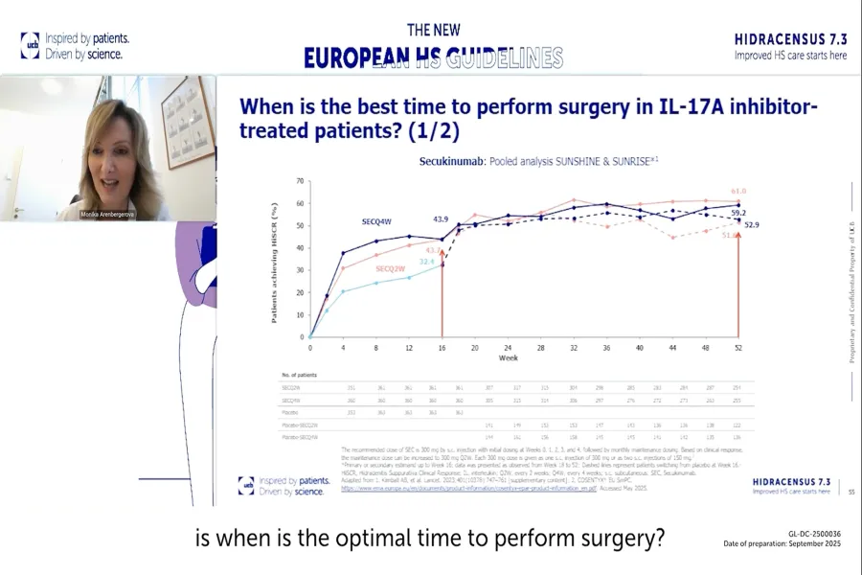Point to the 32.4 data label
tap(426, 261)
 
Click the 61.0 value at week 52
tap(737, 191)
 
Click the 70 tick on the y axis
tap(300, 181)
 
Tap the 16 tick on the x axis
tap(442, 348)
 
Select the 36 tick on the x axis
tap(606, 348)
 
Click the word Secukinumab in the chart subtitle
tap(448, 162)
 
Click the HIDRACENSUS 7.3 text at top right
tap(790, 39)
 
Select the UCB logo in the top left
tap(30, 45)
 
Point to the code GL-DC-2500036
tap(814, 534)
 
